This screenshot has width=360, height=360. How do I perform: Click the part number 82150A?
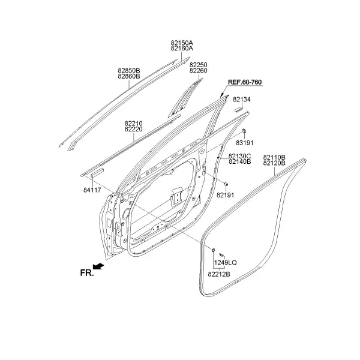[x=182, y=43]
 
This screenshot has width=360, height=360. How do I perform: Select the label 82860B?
[x=129, y=76]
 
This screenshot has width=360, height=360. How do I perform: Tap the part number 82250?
[x=199, y=65]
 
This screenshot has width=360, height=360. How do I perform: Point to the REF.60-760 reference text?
[x=245, y=82]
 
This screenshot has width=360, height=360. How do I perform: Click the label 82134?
[x=242, y=100]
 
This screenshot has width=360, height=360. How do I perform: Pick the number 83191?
[x=245, y=143]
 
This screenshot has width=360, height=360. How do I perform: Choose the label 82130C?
[x=239, y=156]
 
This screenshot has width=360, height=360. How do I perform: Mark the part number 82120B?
[x=274, y=163]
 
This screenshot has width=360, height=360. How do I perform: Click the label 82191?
[x=225, y=195]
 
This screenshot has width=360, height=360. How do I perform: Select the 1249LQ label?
[x=225, y=263]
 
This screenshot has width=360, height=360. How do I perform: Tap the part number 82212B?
[x=219, y=274]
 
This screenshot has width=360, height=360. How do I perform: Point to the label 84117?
[x=92, y=190]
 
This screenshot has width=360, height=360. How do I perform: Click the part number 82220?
[x=134, y=129]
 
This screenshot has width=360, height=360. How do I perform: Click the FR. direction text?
[x=87, y=273]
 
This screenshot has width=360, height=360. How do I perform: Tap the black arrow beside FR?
[x=98, y=266]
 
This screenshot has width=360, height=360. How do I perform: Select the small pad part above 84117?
[x=98, y=172]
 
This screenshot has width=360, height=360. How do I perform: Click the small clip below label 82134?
[x=239, y=109]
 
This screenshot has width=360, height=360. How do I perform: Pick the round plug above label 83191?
[x=244, y=131]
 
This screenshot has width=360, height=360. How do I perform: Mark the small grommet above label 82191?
[x=226, y=184]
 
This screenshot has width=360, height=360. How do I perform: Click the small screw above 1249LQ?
[x=221, y=254]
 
